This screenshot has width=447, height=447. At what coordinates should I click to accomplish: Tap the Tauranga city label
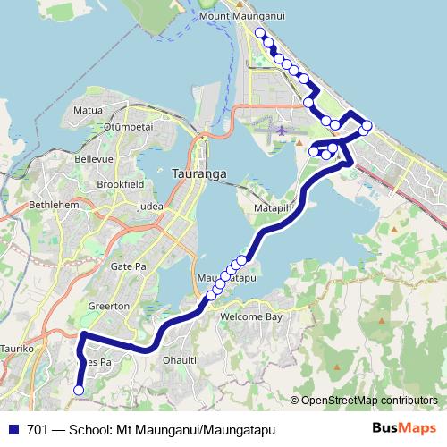[x=196, y=171]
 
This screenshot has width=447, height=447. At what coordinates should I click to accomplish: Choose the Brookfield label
[x=120, y=183]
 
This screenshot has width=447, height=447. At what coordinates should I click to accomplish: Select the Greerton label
[x=110, y=307]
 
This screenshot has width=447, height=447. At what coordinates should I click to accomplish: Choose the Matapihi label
[x=273, y=209]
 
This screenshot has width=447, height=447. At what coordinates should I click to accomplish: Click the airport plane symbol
[x=283, y=131]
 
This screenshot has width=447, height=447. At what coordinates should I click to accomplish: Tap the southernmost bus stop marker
[x=79, y=390]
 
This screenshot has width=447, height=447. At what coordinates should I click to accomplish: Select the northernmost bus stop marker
[x=260, y=33]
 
